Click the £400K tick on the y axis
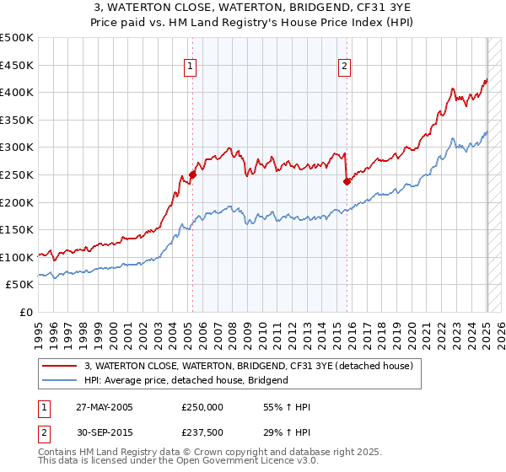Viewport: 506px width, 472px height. pos(19,93)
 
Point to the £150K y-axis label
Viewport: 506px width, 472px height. pos(19,229)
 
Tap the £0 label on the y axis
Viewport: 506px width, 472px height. pos(27,312)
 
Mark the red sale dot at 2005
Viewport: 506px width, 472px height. pos(192,174)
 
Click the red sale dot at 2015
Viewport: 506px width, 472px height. pos(347,181)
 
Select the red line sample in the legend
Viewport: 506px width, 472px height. pos(61,366)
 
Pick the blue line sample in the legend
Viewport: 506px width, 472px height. pos(61,380)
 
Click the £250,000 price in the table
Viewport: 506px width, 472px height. pos(202,407)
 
